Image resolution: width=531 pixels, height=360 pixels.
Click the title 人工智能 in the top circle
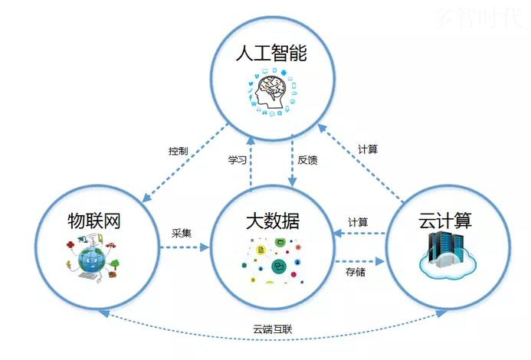(271, 53)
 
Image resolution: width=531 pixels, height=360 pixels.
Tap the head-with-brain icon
(271, 90)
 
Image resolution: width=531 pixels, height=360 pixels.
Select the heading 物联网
(94, 221)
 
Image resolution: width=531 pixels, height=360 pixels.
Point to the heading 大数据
(273, 221)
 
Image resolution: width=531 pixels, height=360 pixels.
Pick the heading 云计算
(445, 220)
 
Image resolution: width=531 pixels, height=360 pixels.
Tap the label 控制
(178, 151)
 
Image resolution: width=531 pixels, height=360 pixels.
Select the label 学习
(237, 160)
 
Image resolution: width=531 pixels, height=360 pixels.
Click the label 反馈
(307, 160)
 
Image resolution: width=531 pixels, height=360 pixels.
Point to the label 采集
(181, 233)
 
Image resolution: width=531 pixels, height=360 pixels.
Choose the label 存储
(356, 272)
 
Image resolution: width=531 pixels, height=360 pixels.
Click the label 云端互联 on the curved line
(272, 329)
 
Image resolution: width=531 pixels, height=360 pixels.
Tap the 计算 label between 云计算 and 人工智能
(368, 149)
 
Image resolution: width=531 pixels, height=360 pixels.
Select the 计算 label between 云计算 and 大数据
(358, 222)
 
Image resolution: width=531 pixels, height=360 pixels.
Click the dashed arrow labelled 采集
(185, 247)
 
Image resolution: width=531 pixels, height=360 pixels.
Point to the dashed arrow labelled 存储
(360, 261)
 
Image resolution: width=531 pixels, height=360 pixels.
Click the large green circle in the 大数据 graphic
(279, 266)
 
